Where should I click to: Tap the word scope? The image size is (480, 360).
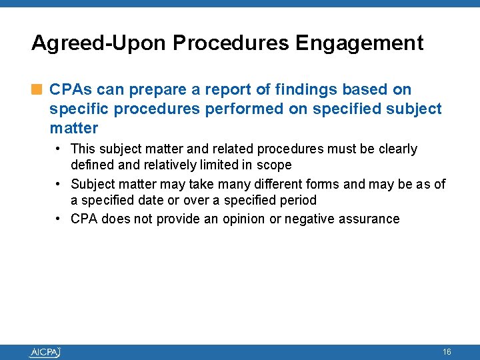click(x=275, y=165)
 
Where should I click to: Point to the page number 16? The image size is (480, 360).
click(x=447, y=351)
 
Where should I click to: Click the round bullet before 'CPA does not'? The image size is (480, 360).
click(x=59, y=219)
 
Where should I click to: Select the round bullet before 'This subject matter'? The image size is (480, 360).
click(x=59, y=149)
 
